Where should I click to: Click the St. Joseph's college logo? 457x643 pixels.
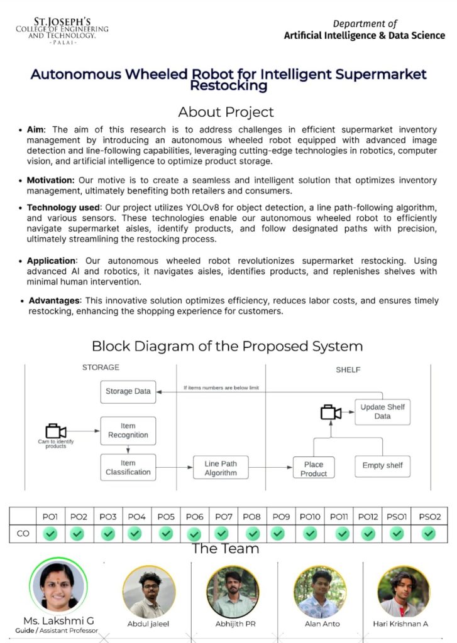(62, 30)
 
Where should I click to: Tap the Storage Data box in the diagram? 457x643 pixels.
(128, 391)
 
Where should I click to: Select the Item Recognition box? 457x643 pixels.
(128, 430)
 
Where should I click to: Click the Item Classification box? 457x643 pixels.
(128, 468)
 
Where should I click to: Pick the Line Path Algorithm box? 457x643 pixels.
(221, 468)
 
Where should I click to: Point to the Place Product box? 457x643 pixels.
(314, 468)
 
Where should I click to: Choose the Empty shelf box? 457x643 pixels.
(382, 465)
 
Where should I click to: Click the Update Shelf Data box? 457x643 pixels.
(382, 411)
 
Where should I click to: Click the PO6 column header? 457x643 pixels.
(195, 517)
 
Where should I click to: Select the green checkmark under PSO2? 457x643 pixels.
(429, 533)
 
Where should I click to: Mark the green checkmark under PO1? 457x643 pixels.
(50, 533)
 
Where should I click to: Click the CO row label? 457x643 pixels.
(23, 533)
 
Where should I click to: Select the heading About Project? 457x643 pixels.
(226, 112)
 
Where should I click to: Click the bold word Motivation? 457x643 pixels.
(50, 180)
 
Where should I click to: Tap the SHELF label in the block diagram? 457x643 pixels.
(348, 370)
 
